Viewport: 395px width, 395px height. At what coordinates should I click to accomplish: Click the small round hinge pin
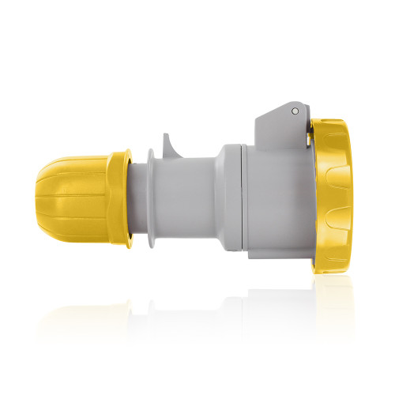pos(294,111)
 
